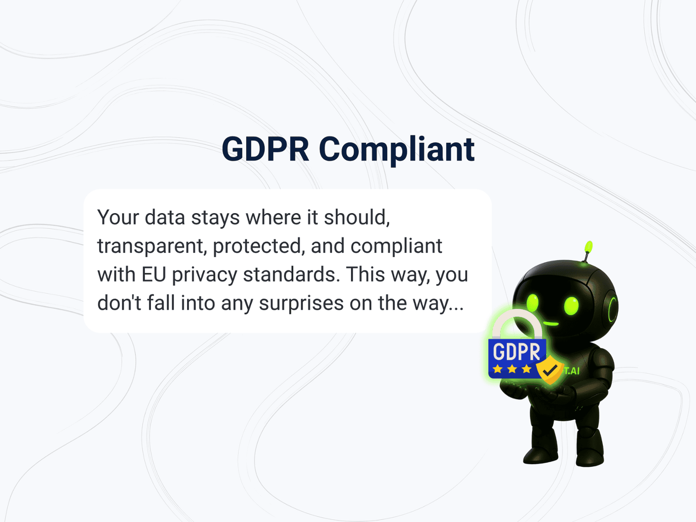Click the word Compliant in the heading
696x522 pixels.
[396, 150]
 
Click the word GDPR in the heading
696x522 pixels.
[265, 150]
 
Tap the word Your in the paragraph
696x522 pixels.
[118, 217]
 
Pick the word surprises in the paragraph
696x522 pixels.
[301, 303]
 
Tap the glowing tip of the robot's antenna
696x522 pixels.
[589, 246]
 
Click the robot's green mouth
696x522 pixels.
[551, 324]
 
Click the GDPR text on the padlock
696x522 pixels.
[516, 351]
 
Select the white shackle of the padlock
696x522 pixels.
[516, 321]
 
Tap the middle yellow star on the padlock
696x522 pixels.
[512, 369]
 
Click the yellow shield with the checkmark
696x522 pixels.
[550, 370]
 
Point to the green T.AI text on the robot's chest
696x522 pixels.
[572, 371]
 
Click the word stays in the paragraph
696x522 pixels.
[215, 217]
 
